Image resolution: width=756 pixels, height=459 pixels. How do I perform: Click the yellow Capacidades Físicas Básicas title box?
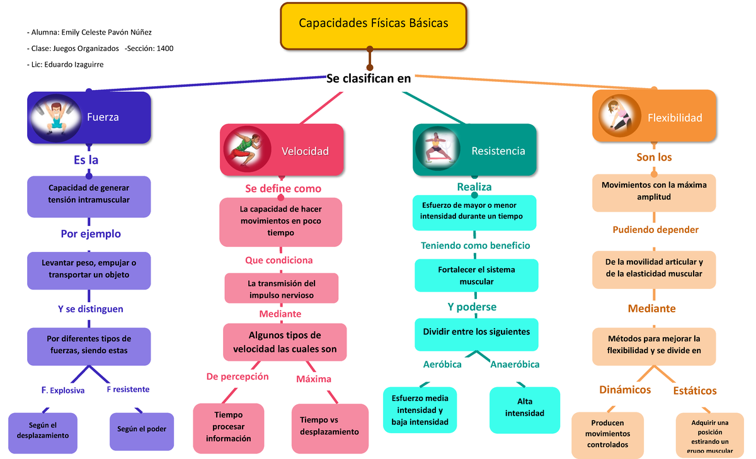pos(373,25)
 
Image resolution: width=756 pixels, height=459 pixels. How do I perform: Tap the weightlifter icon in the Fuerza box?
pos(56,116)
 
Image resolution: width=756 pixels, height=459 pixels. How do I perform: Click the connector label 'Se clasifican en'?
pos(369,79)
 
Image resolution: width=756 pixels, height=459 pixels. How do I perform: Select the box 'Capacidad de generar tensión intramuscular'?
pos(89,194)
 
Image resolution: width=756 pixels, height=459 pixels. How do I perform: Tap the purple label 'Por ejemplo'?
pos(91,234)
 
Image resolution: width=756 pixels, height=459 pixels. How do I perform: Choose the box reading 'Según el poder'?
pos(142,430)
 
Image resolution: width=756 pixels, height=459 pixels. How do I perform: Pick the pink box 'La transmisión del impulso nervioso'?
pos(282,289)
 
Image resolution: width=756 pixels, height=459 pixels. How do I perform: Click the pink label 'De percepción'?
pos(238,377)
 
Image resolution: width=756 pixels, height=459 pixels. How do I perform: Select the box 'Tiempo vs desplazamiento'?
pos(329,426)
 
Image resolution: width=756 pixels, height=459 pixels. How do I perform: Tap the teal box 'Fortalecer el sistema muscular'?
pos(476,276)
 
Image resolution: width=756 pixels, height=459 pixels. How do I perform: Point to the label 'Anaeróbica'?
pos(515,365)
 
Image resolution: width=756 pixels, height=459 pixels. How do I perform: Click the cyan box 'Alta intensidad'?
pos(524,408)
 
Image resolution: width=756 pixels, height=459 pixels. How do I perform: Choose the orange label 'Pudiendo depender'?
pos(655,230)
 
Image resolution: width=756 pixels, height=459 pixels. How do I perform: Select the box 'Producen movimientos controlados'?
pos(607,434)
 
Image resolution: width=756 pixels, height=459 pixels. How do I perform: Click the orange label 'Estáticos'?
pos(694,391)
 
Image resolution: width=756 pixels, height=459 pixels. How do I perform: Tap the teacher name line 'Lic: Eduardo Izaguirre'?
pos(66,64)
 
